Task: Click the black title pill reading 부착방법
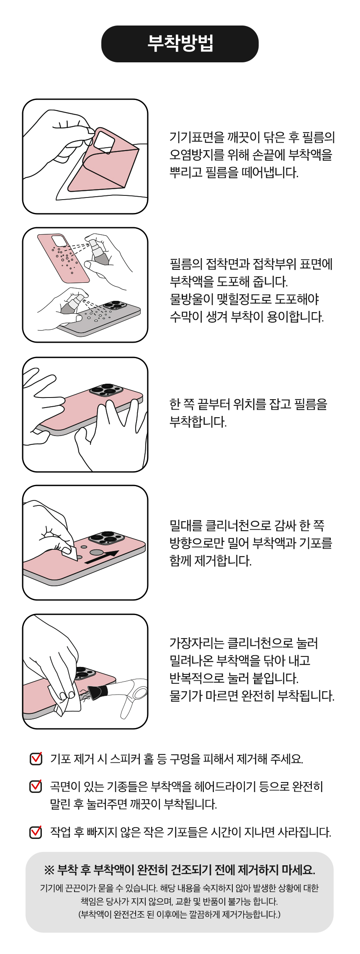[180, 44]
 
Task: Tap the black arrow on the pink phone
[102, 557]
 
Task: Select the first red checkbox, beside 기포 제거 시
[36, 758]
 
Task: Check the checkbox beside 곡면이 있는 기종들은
[36, 786]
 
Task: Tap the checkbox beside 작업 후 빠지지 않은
[36, 832]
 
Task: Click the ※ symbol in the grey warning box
[49, 870]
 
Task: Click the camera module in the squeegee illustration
[106, 538]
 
